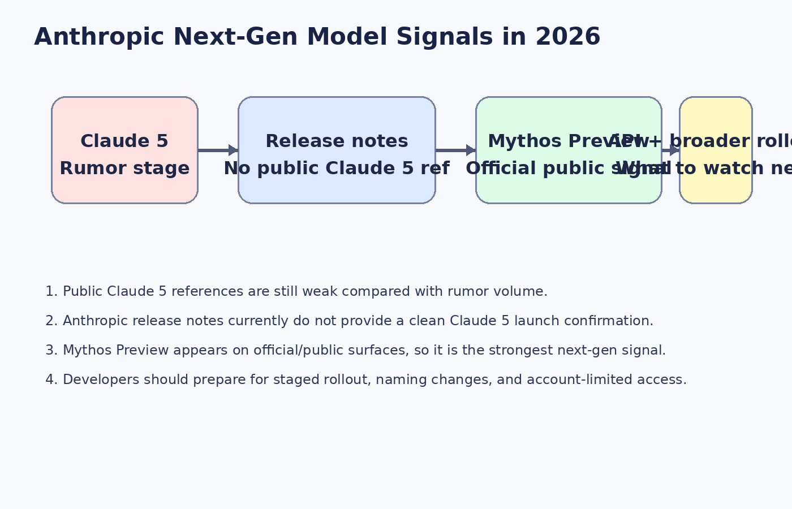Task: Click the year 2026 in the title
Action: [x=567, y=37]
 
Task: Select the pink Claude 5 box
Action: [x=124, y=113]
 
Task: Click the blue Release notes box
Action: [x=337, y=113]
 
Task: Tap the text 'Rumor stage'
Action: [x=124, y=169]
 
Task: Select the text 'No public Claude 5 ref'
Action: [x=337, y=169]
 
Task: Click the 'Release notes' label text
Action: [x=337, y=141]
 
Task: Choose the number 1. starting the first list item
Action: [x=51, y=292]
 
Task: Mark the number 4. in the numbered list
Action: [x=51, y=380]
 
